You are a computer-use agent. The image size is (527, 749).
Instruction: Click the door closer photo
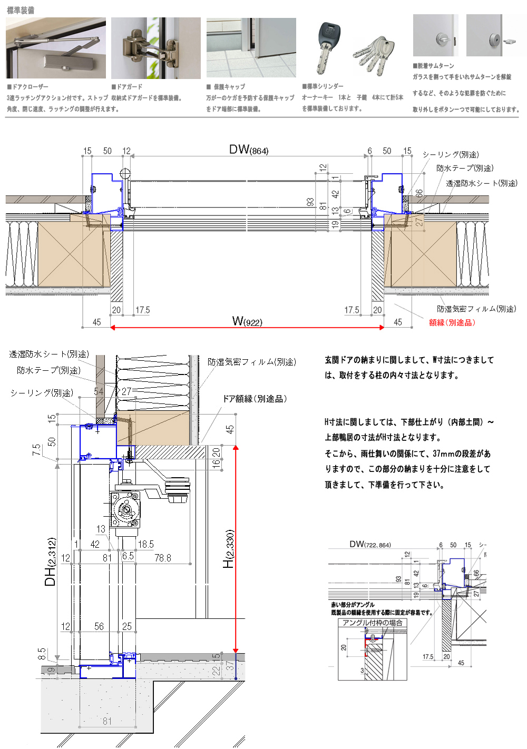(56, 48)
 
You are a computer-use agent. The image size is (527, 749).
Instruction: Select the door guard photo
(156, 48)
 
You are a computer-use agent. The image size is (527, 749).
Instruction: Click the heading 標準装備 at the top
(21, 10)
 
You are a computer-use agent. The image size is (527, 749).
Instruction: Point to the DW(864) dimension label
(249, 150)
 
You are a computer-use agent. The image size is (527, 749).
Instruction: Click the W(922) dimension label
(247, 321)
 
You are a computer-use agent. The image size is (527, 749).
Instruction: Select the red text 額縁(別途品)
(452, 322)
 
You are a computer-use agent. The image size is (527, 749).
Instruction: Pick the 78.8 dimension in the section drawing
(162, 558)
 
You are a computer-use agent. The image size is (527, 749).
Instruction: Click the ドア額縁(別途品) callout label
(255, 399)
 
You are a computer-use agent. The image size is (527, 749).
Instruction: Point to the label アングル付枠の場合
(373, 623)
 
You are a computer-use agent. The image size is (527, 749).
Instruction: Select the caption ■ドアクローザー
(27, 86)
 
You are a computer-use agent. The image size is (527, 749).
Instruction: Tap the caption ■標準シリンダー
(323, 86)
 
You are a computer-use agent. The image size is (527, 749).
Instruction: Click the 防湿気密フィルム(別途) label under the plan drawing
(476, 309)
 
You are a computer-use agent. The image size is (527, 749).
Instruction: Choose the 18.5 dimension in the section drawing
(146, 544)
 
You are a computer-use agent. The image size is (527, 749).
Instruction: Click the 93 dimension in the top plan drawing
(310, 202)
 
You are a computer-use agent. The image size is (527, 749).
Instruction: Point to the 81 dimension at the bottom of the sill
(107, 721)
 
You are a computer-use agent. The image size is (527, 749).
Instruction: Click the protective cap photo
(251, 48)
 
